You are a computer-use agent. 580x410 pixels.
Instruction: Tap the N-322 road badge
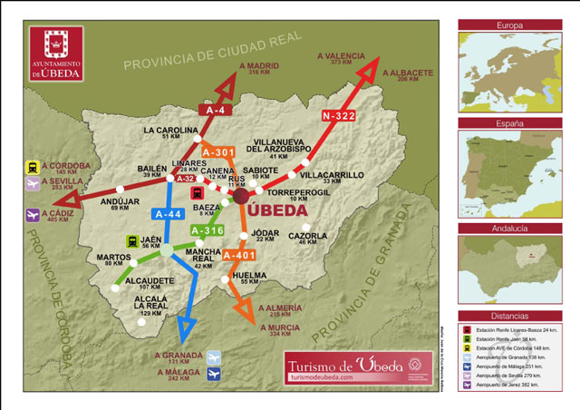pyautogui.click(x=337, y=116)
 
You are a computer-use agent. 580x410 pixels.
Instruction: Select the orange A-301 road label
pyautogui.click(x=218, y=151)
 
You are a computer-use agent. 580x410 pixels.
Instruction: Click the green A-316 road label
pyautogui.click(x=208, y=230)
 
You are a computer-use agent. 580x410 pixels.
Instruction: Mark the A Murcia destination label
pyautogui.click(x=279, y=327)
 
